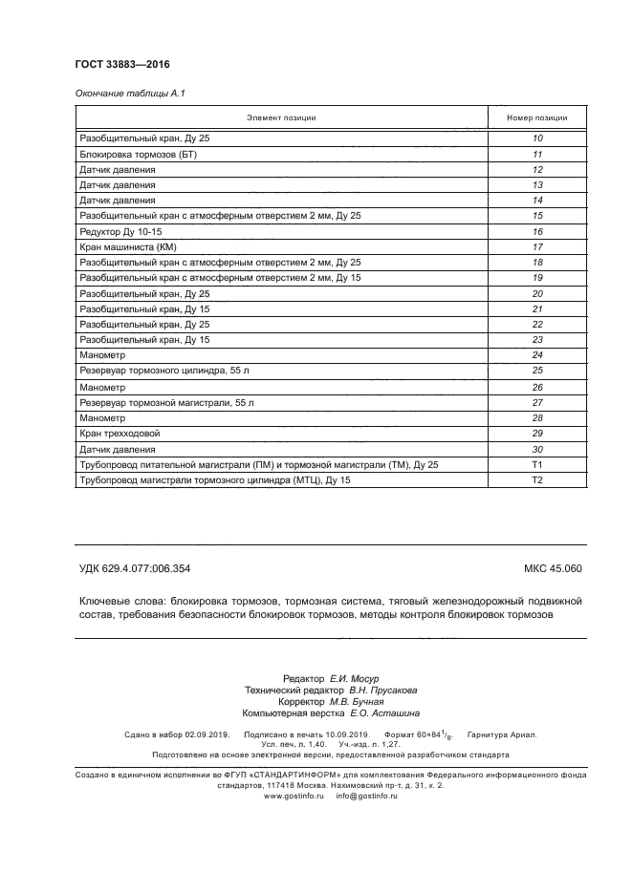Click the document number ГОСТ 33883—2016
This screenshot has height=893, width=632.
[122, 64]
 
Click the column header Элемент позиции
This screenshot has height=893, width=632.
[281, 118]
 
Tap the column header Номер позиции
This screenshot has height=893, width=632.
[536, 118]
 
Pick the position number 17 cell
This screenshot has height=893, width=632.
[536, 246]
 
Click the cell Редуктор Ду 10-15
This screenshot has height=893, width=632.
[121, 231]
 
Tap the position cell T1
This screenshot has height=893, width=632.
[536, 464]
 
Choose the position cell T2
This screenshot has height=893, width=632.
[536, 479]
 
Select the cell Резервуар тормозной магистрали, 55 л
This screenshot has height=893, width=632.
[166, 402]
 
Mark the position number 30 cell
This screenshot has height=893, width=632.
[536, 449]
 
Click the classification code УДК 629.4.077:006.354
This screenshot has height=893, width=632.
[135, 569]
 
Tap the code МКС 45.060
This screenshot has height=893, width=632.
[553, 569]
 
